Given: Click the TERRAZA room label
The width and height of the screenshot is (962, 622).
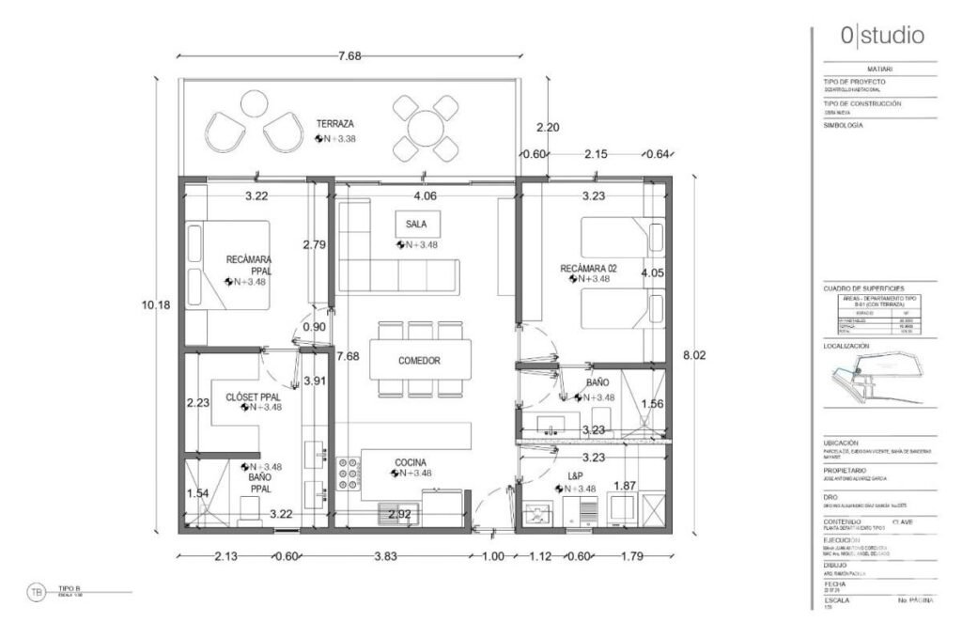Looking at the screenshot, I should (335, 124).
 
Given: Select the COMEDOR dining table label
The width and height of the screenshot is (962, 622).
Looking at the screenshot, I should (419, 361).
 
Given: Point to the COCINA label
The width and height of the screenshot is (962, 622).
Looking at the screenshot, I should (411, 462).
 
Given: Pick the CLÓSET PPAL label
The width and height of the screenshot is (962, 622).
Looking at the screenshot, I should (254, 397).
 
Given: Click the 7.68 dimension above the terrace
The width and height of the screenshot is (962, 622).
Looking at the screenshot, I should (349, 55).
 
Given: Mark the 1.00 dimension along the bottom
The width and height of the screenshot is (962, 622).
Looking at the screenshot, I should (493, 556).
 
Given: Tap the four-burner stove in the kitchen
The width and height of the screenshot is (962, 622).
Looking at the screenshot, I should (349, 474).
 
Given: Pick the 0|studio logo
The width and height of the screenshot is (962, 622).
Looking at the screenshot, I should (882, 36).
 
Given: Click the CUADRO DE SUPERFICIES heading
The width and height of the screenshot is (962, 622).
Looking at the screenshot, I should (863, 288).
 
